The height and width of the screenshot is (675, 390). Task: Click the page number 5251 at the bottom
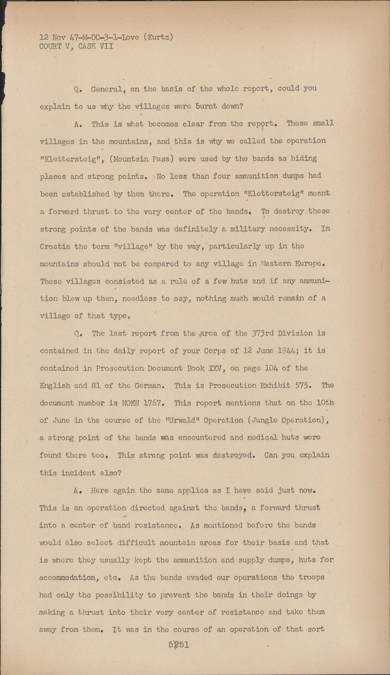pyautogui.click(x=178, y=645)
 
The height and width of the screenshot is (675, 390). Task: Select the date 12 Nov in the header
pyautogui.click(x=51, y=38)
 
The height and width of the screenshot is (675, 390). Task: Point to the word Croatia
pyautogui.click(x=57, y=246)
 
